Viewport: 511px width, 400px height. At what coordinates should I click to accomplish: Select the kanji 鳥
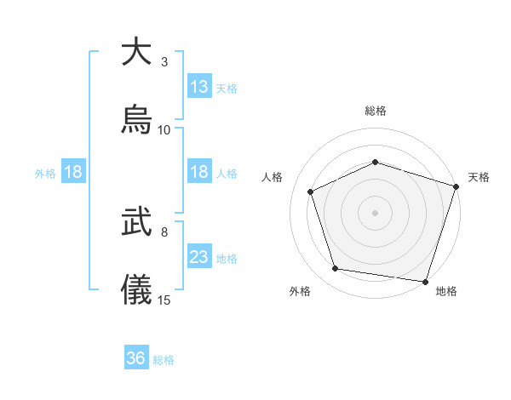point(136,119)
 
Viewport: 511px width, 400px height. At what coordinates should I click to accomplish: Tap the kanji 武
point(136,222)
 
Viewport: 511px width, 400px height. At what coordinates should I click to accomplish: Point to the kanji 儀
point(136,289)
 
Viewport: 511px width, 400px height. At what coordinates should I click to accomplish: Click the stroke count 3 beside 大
point(164,62)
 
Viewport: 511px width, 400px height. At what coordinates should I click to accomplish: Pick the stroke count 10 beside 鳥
point(164,130)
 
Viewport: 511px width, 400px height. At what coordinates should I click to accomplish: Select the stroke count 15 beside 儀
point(164,300)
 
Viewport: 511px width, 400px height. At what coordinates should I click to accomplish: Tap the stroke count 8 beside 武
point(164,231)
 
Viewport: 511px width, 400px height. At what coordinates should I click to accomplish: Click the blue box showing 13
point(199,87)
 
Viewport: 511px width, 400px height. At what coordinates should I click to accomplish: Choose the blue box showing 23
point(199,258)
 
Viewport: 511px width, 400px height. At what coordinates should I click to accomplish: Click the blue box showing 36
point(136,359)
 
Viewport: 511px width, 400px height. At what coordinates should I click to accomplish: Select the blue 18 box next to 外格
point(73,173)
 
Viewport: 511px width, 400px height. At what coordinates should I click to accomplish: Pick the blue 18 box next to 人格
point(199,173)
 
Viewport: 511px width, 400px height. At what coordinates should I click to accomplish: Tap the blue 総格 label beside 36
point(164,360)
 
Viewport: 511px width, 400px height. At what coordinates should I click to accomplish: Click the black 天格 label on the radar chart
point(479,177)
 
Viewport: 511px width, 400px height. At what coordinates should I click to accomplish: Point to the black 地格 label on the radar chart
point(446,292)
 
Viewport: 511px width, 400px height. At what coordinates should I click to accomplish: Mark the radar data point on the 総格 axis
point(375,162)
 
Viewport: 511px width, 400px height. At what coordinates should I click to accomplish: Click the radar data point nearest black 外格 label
point(336,269)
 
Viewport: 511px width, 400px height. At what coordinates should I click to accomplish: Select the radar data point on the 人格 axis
point(311,192)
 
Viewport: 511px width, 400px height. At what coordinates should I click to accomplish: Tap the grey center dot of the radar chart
point(375,213)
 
